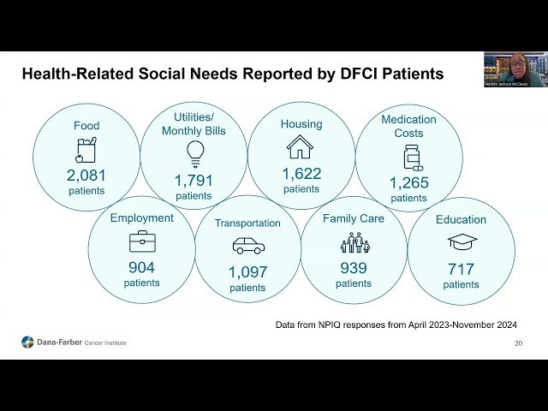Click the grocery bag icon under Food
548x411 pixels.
point(86,152)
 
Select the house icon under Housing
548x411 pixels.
point(300,147)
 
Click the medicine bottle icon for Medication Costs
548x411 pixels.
point(411,158)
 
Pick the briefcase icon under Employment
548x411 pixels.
point(142,242)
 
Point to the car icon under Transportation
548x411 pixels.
point(248,246)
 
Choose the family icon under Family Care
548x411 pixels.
point(354,243)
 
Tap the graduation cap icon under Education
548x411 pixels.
point(462,242)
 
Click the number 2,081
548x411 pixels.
point(86,175)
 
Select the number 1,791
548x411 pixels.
point(194,181)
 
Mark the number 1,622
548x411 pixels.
point(301,174)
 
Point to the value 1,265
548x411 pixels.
point(409,182)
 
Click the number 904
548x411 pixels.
point(142,267)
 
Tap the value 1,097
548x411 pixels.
point(247,272)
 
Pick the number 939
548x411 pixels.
point(354,268)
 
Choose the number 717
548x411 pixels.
point(461,269)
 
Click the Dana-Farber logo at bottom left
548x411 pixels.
point(28,342)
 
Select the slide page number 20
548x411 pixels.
point(518,343)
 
